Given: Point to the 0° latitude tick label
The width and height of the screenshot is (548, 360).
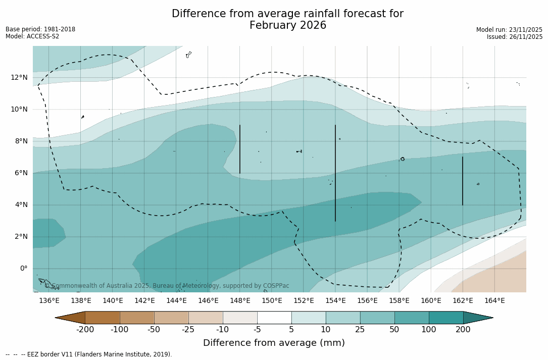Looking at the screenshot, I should [23, 268].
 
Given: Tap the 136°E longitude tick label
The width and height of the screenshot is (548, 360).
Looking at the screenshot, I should [49, 300].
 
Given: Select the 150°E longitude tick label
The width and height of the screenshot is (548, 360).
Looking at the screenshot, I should [272, 300].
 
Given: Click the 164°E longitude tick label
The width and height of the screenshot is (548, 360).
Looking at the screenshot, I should [494, 300].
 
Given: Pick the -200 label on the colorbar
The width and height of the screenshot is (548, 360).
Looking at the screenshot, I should [85, 330].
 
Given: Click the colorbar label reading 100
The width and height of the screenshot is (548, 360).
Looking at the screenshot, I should [429, 330].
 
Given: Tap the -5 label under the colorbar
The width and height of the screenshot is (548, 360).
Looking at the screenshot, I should [257, 330].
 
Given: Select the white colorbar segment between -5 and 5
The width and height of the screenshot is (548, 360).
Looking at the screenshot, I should [274, 318].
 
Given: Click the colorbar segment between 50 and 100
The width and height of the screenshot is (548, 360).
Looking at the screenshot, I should [412, 318].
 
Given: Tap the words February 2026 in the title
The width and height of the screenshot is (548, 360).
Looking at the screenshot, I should [288, 25].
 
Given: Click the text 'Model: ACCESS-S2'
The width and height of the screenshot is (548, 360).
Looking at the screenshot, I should [32, 36].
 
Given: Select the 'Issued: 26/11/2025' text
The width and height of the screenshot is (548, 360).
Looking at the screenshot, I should [515, 37].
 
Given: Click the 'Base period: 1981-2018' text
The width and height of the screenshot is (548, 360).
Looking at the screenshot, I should [40, 29].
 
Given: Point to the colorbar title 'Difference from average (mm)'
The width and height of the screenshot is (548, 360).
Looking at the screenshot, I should [274, 343].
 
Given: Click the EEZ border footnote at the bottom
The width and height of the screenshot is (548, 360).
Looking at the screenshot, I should [89, 354].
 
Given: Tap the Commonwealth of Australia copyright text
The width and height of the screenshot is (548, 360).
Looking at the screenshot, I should [167, 286].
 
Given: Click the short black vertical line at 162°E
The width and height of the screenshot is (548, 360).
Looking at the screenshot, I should [463, 181].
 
